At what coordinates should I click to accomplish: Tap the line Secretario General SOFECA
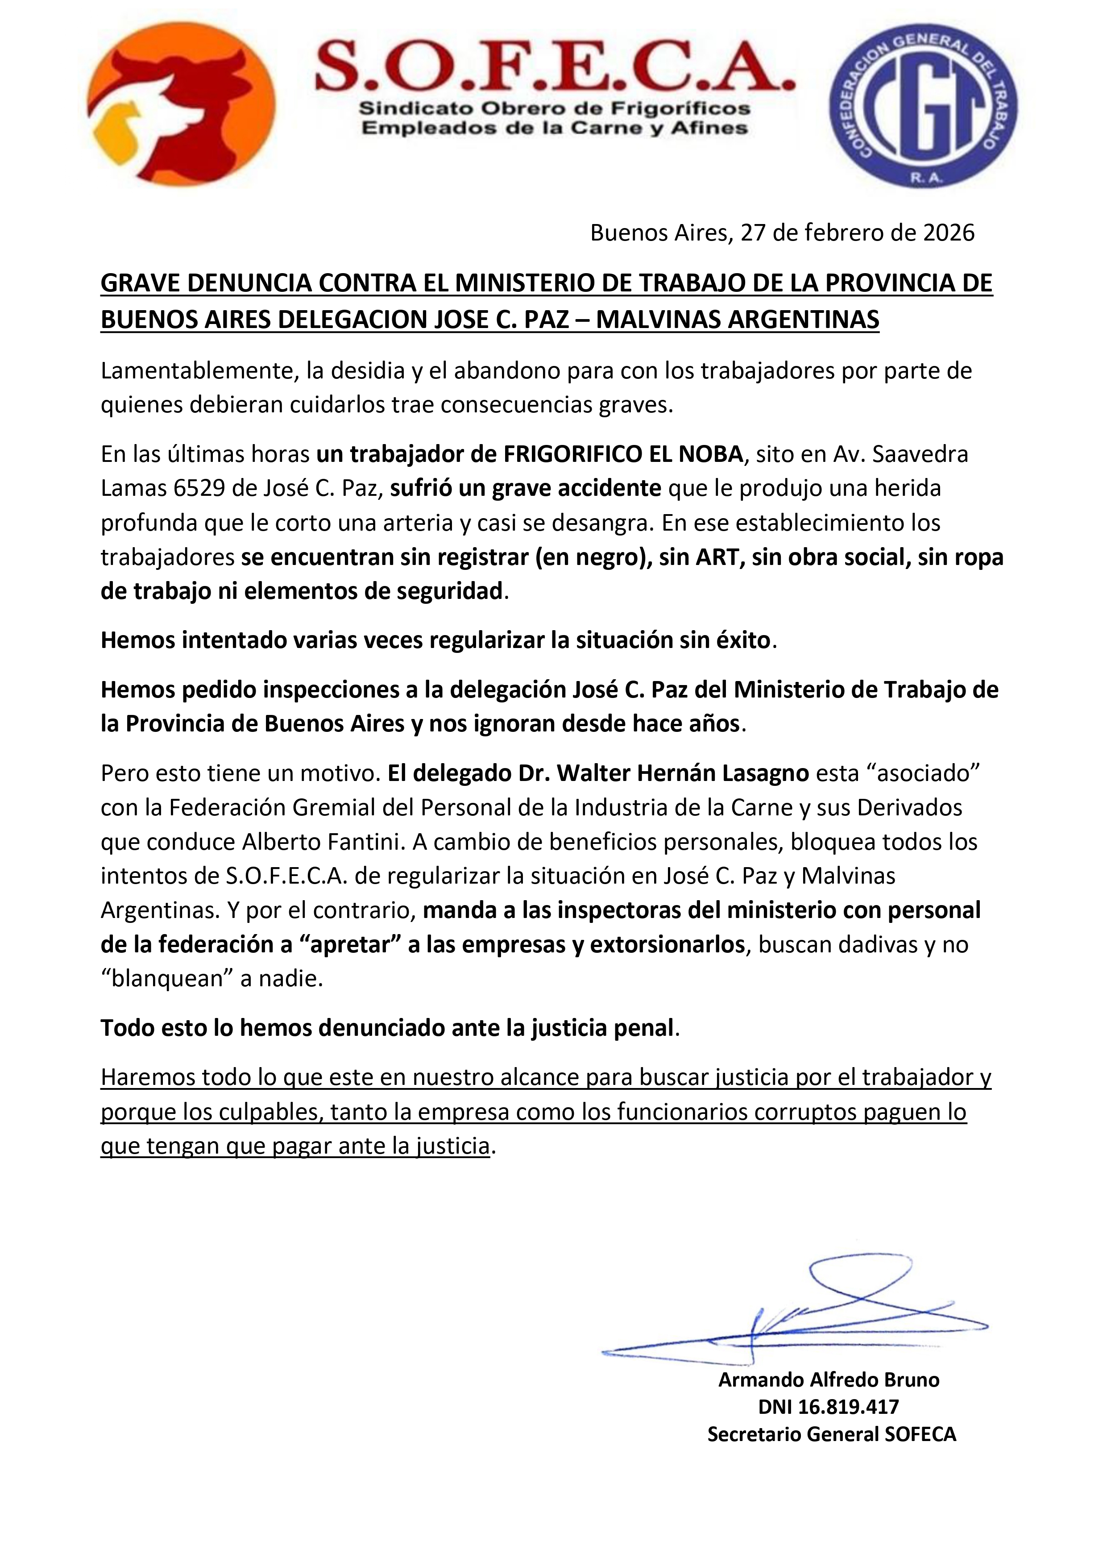831,1434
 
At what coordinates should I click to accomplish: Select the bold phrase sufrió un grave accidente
525,488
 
